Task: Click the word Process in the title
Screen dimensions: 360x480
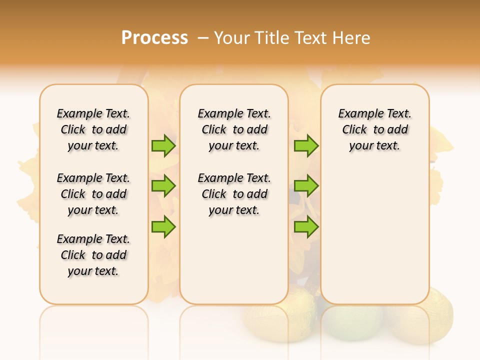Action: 154,38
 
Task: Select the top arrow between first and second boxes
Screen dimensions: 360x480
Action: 163,145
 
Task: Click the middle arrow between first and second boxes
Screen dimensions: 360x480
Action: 163,186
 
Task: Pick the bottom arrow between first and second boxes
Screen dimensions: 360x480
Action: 163,226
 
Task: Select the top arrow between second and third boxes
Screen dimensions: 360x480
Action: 306,145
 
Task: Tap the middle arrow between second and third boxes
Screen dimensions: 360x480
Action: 306,186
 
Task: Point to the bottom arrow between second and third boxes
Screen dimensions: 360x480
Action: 306,226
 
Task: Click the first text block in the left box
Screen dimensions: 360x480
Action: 93,129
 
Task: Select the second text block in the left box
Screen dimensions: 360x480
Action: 93,194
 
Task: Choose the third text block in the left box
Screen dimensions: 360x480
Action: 93,255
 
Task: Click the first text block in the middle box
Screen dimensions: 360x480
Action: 234,129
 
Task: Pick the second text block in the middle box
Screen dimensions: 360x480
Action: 234,194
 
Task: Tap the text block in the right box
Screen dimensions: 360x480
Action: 374,129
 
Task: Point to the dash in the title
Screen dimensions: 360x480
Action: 202,38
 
